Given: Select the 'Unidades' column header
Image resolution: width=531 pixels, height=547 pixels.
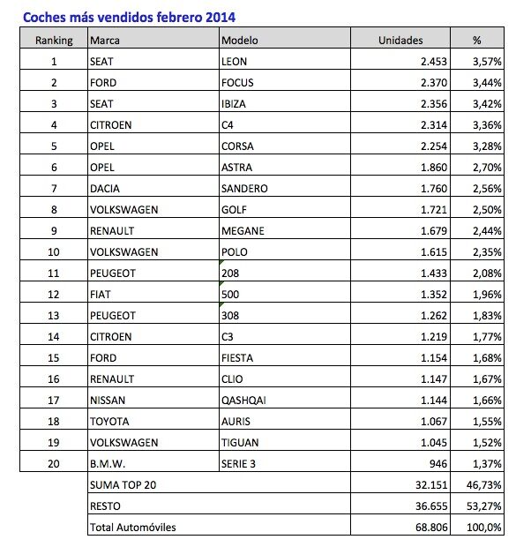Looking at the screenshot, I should click(x=400, y=40).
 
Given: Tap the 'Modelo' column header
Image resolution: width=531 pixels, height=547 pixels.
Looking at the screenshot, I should click(x=241, y=40).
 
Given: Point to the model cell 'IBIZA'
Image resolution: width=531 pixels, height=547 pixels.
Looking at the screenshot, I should click(x=235, y=103).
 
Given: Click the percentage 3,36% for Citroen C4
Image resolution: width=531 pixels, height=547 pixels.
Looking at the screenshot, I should click(x=487, y=124).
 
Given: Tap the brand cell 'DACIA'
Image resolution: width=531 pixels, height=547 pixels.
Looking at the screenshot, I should click(x=107, y=188).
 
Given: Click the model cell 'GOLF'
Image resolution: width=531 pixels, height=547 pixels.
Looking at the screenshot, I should click(x=235, y=209).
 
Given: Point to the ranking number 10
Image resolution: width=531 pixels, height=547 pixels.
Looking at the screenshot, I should click(x=54, y=251).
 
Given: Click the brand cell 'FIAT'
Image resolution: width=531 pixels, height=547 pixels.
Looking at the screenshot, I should click(x=101, y=294).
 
